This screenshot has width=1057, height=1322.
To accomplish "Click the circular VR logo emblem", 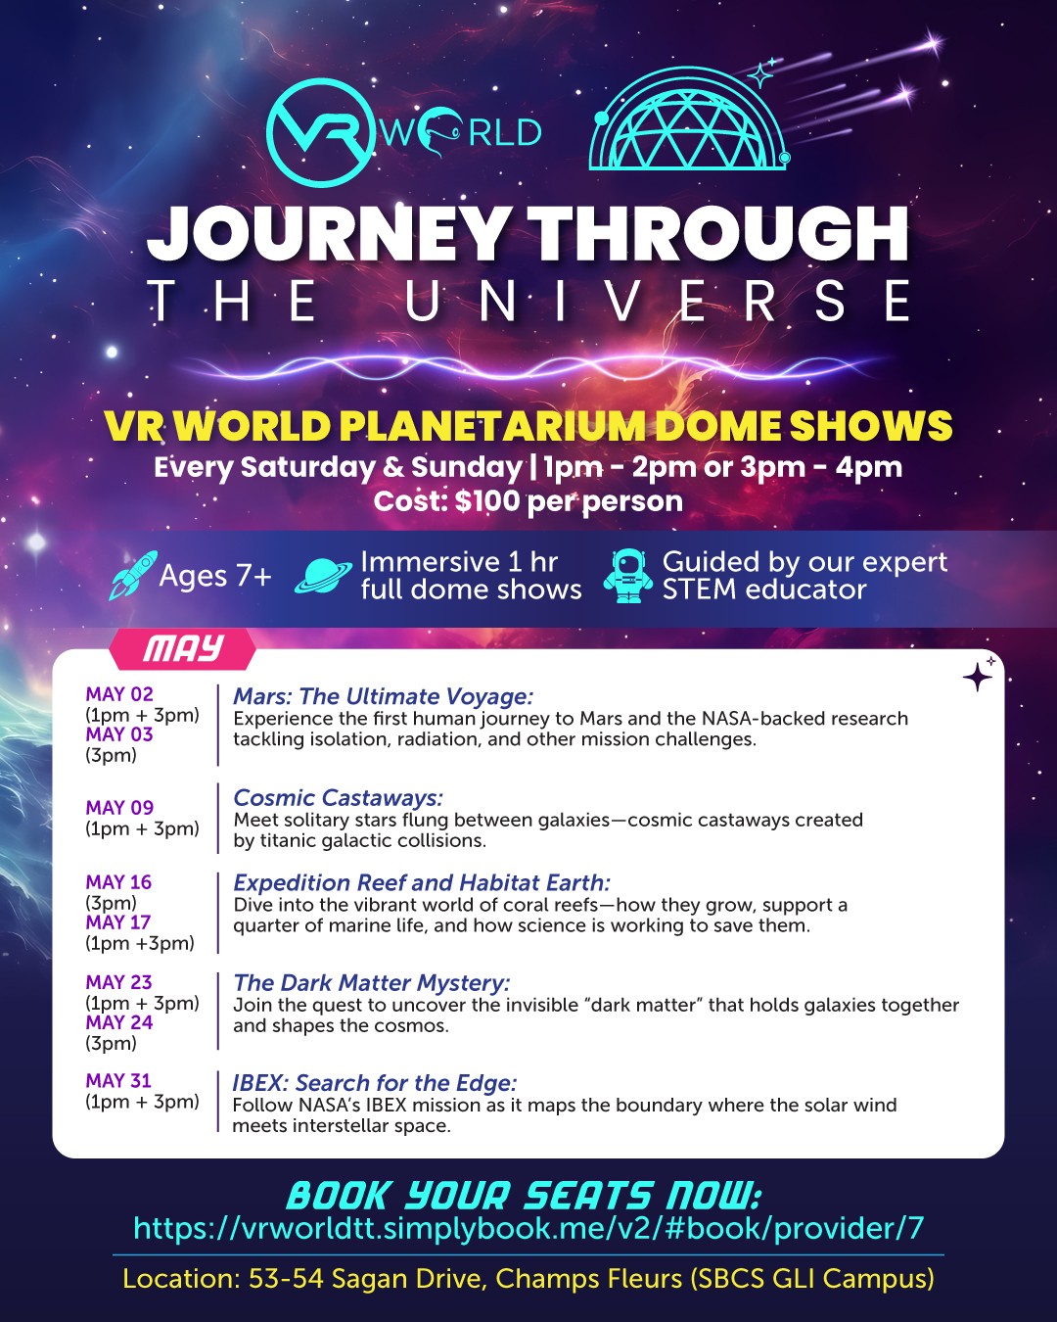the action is click(321, 133).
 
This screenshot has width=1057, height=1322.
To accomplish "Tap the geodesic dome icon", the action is click(689, 118).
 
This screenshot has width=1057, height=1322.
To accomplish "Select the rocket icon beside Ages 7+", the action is click(133, 575).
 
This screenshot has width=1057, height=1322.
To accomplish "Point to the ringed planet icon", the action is click(324, 576).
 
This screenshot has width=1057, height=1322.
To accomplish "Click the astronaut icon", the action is click(628, 576).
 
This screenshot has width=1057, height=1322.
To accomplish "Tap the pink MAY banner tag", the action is click(182, 648).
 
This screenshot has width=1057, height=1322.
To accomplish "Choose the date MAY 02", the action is click(119, 694).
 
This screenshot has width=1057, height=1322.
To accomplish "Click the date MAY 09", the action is click(119, 807).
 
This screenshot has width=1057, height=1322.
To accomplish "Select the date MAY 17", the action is click(117, 922).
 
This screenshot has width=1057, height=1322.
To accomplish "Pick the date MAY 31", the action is click(117, 1080).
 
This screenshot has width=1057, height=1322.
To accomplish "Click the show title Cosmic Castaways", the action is click(338, 797).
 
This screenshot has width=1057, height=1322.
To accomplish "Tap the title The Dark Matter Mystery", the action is click(372, 983).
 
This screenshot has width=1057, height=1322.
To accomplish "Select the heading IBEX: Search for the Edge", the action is click(375, 1083).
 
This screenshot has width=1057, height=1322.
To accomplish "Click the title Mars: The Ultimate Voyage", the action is click(384, 696).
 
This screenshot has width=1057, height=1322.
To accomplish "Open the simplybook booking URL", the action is click(528, 1228).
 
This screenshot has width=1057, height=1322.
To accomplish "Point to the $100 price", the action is click(487, 501).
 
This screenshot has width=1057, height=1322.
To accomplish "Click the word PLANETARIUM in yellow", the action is click(492, 425).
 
